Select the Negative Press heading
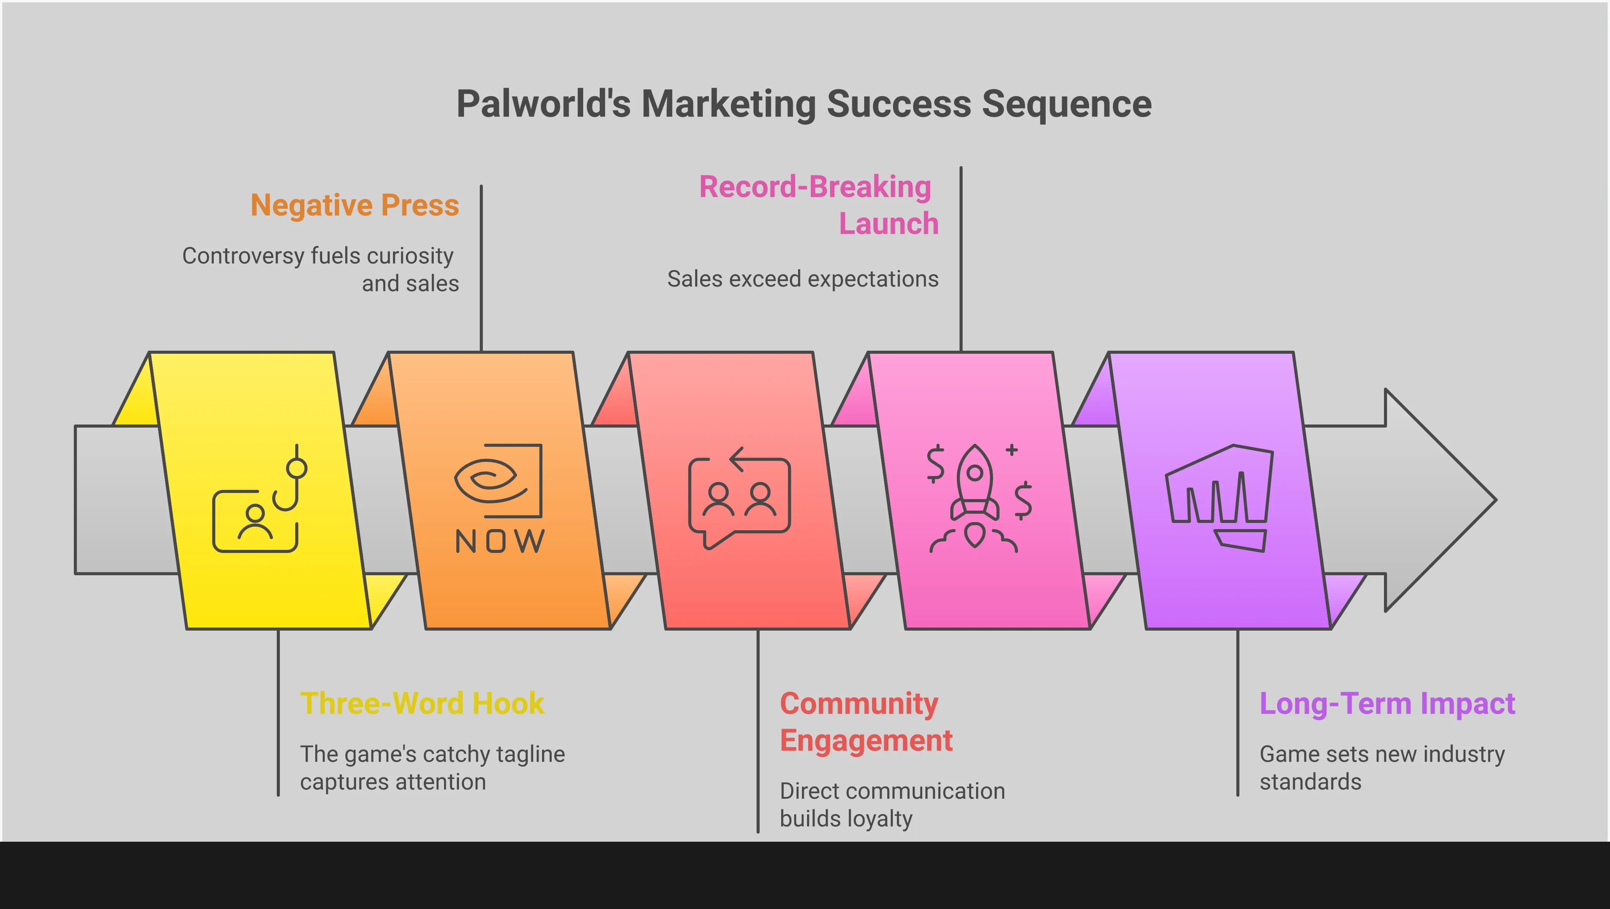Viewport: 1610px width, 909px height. [x=354, y=205]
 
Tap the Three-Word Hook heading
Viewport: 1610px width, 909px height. [x=422, y=703]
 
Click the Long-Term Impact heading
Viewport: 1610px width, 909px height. [x=1387, y=703]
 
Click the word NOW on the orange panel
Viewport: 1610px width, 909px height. [x=500, y=541]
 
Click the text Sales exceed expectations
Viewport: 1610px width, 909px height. [x=802, y=279]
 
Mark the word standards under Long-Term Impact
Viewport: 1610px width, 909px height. [x=1310, y=782]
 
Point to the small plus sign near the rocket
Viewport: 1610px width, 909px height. [x=1012, y=450]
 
